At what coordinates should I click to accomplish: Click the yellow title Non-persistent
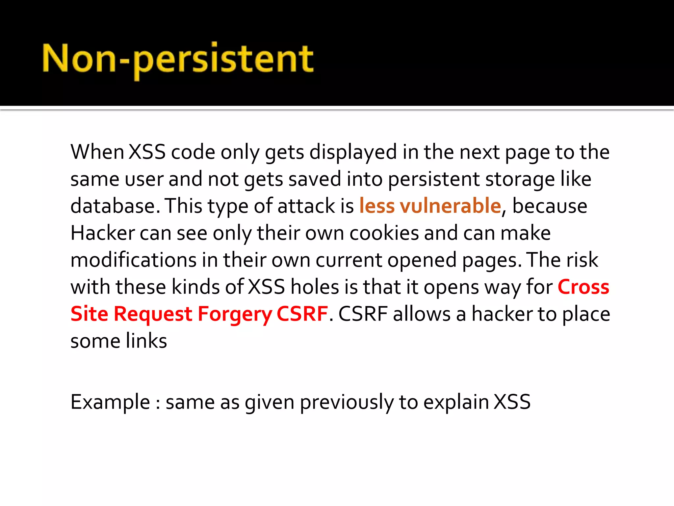178,59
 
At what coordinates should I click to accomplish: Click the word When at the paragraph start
97,152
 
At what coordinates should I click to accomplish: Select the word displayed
353,152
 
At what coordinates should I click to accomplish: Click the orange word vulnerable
450,206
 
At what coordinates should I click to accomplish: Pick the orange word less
377,206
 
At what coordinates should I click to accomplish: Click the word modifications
133,260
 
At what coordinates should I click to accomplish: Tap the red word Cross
583,287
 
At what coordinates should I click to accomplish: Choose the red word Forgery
234,314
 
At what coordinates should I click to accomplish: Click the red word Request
153,314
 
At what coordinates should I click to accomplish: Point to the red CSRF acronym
302,314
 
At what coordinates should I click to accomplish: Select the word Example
110,402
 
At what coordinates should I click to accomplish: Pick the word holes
315,287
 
